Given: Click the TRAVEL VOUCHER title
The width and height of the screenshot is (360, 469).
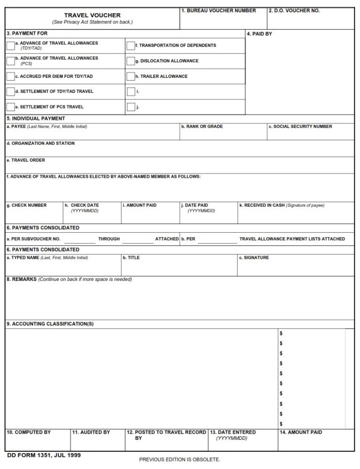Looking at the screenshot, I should (92, 15).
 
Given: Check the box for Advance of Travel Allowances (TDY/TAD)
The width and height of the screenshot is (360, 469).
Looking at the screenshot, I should (10, 45).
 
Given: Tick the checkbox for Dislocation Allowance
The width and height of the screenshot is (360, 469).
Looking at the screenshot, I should (130, 61).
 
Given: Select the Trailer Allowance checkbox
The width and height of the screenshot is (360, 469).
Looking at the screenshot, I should (130, 76).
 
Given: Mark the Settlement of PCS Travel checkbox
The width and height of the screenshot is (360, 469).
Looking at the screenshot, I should (10, 107).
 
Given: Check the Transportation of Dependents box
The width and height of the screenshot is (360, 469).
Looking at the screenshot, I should (130, 45).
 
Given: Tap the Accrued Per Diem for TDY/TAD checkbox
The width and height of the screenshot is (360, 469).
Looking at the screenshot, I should (10, 76).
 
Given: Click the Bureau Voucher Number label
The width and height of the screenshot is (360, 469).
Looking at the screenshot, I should (218, 10).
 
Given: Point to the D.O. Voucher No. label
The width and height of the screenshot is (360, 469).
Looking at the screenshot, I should (294, 10).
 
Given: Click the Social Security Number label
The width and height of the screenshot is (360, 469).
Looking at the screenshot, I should (300, 127).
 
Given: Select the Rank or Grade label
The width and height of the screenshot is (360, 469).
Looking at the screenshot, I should (202, 127).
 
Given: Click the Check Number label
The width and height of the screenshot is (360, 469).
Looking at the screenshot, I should (26, 205).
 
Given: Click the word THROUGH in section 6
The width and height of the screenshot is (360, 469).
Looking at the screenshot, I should (109, 239).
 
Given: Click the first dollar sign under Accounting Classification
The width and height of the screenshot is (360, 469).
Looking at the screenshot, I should (281, 333).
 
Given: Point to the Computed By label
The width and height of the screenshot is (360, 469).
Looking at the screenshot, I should (29, 432).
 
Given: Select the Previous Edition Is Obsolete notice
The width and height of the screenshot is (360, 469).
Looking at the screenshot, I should (180, 459).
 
